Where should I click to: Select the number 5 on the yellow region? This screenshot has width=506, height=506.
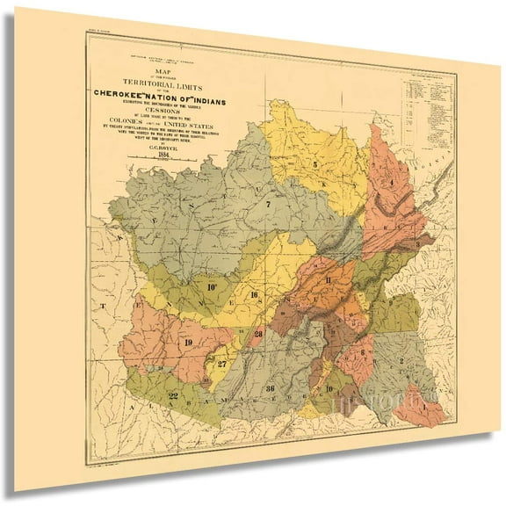click(313, 164)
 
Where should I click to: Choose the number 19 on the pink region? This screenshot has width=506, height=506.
click(188, 342)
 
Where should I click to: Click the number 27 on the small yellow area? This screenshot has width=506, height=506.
click(223, 363)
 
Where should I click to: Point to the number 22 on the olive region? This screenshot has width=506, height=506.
click(173, 397)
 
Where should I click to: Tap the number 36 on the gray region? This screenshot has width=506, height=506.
click(270, 389)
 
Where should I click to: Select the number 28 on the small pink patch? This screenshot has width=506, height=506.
click(258, 335)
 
